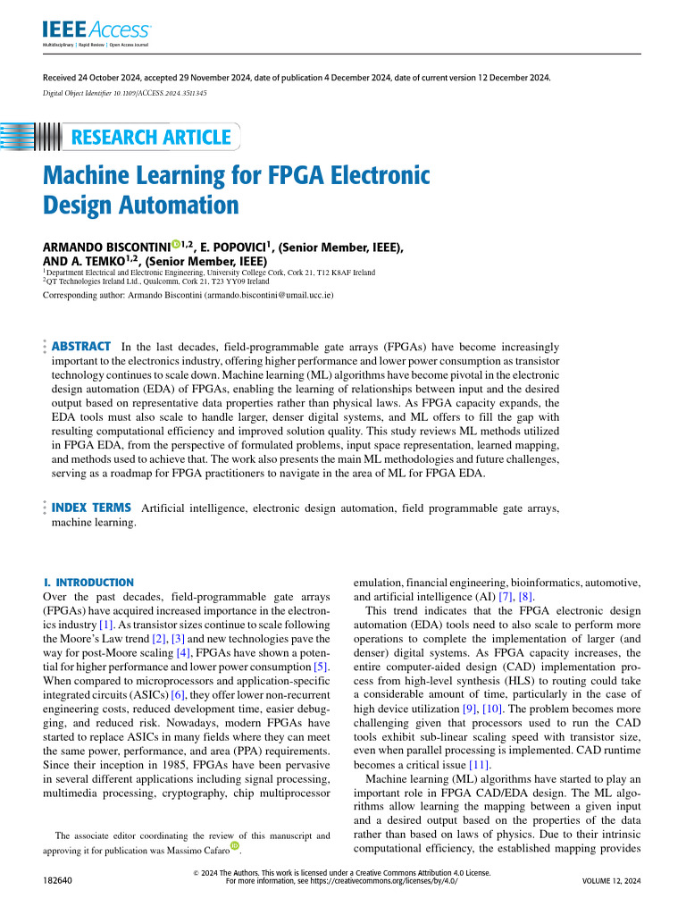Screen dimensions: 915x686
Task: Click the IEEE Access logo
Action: coord(96,33)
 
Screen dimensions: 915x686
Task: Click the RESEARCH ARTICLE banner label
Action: coord(150,137)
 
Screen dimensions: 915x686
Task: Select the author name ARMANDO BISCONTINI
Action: coord(106,247)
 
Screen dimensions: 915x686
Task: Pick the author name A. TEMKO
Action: coord(105,261)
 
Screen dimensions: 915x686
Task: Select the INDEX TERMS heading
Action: coord(93,508)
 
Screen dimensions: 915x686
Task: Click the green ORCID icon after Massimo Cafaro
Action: coord(236,844)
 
